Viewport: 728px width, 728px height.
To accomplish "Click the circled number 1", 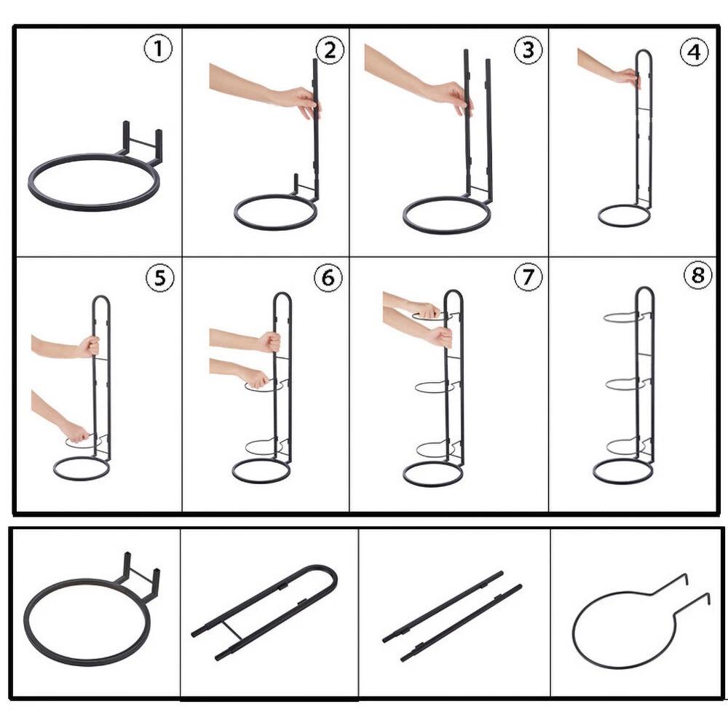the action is point(158,49).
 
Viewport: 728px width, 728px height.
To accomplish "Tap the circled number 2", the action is point(330,50).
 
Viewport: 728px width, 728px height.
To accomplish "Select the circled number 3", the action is point(529,50).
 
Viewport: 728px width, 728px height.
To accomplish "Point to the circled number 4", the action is point(694,52).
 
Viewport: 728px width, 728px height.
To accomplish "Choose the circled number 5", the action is point(160,278).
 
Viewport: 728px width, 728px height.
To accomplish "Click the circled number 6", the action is point(328,277).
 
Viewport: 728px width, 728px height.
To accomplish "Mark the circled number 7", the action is point(528,277).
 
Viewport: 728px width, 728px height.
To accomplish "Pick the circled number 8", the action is point(698,275).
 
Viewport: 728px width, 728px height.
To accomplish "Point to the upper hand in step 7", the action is point(425,309).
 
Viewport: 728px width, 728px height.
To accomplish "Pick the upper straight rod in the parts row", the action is point(443,606).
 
